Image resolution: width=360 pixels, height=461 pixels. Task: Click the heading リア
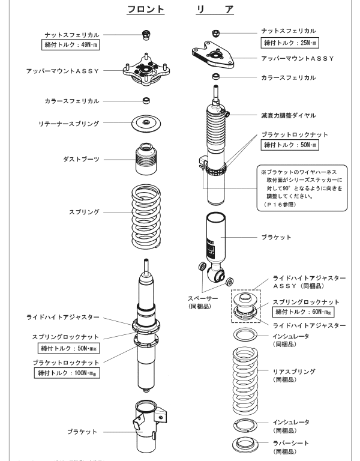coord(214,10)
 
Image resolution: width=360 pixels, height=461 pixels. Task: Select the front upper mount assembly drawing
coord(145,70)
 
